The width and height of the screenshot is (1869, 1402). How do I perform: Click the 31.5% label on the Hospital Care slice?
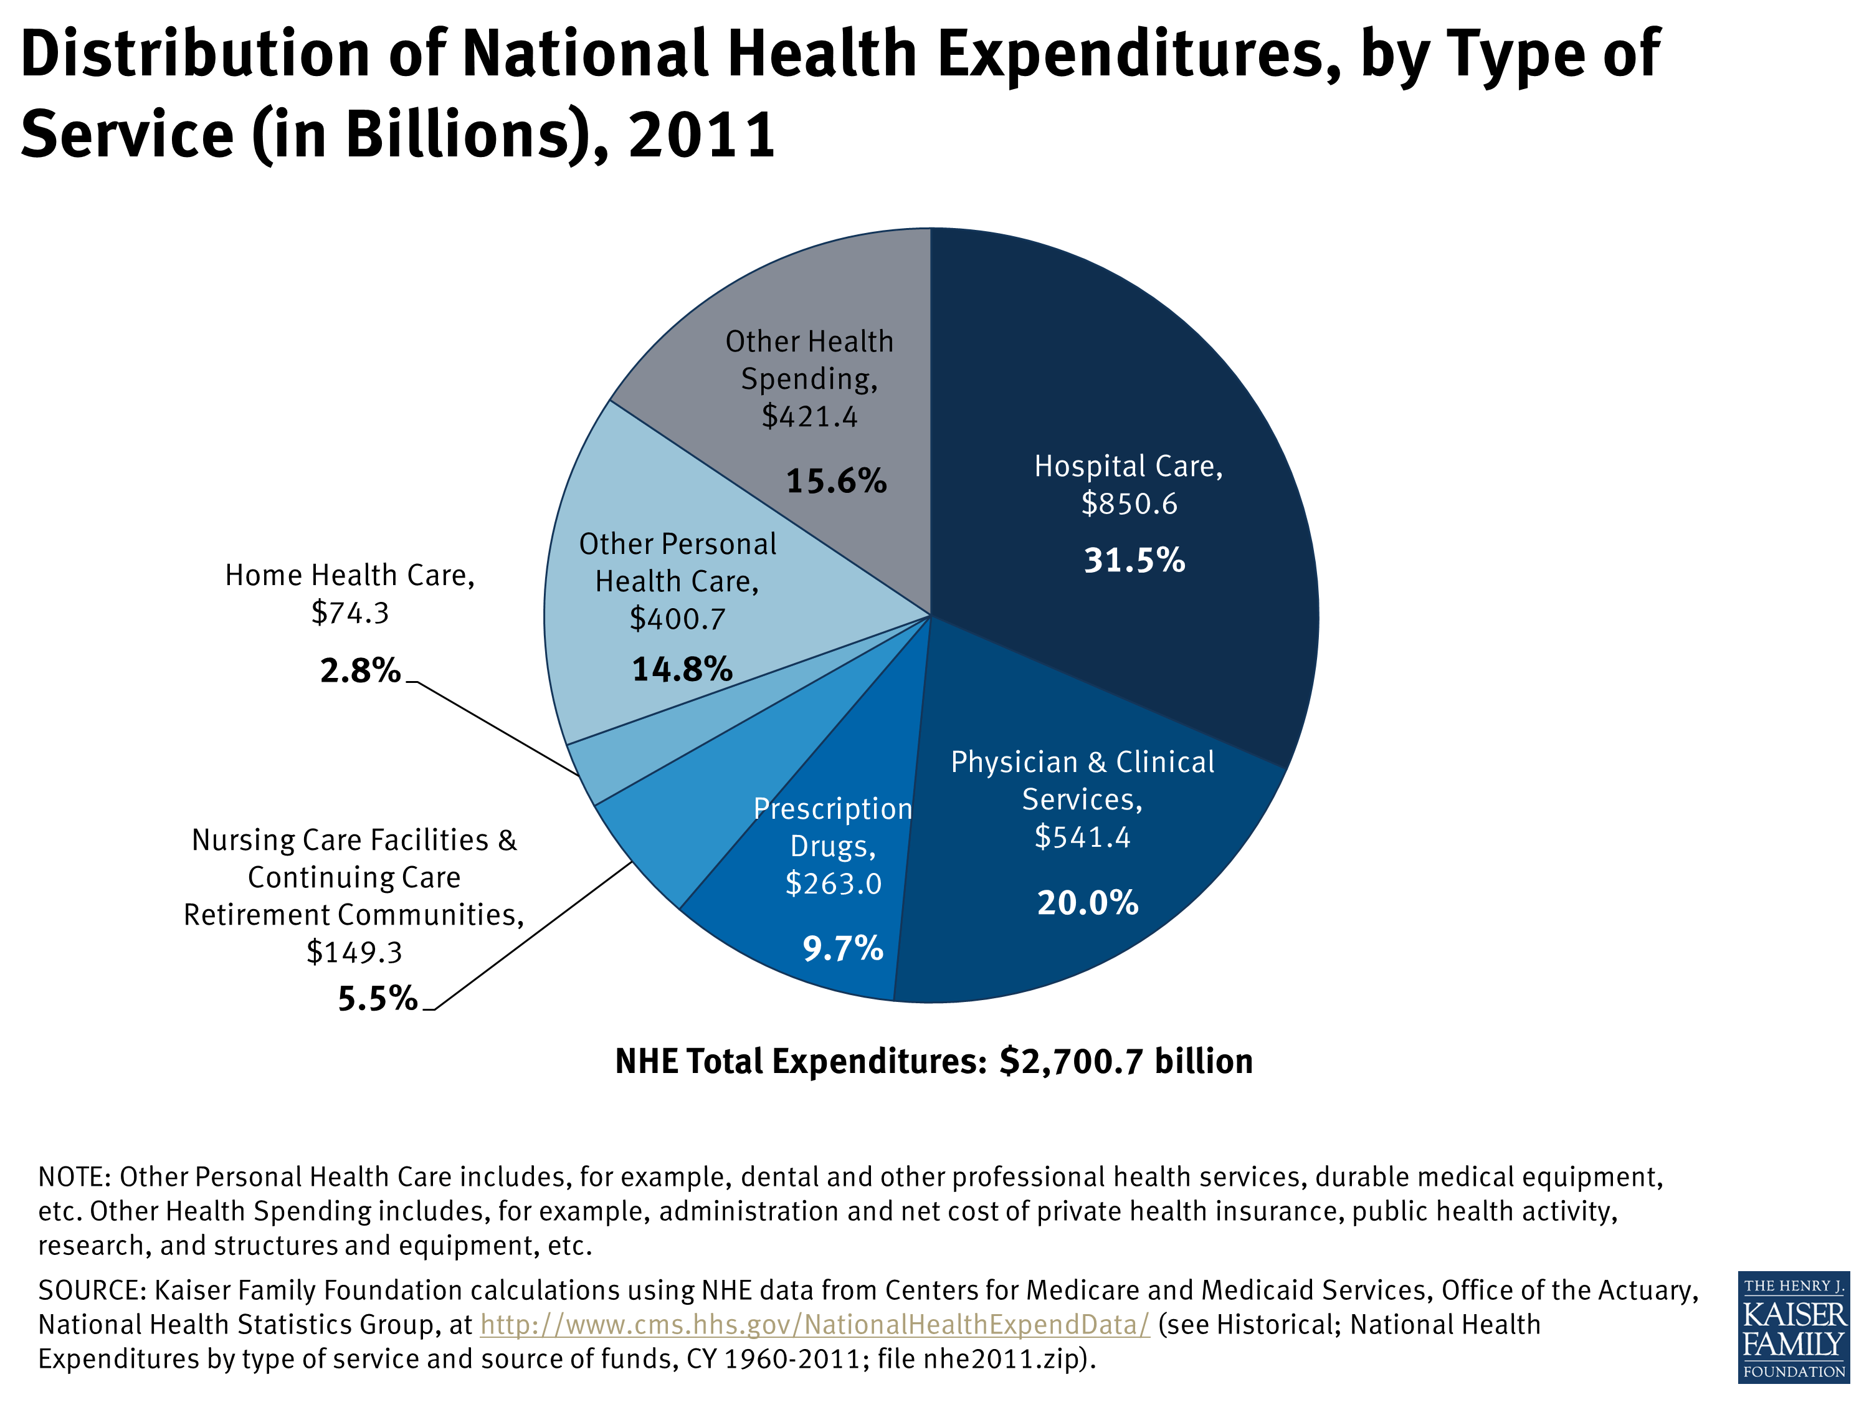point(1134,560)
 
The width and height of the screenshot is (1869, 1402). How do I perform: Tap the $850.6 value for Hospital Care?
point(1129,503)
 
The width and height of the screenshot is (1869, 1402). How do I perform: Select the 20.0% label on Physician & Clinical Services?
point(1087,902)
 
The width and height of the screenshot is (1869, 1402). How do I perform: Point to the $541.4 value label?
point(1082,837)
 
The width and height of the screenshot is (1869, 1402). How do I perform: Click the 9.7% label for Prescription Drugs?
point(842,948)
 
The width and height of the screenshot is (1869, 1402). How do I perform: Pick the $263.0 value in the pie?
point(833,883)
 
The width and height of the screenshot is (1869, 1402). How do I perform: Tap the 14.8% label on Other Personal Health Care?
point(682,669)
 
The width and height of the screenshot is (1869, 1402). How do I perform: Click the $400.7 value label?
point(677,619)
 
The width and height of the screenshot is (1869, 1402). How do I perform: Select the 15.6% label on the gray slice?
point(835,481)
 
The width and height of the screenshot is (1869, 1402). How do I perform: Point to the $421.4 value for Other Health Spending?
point(809,416)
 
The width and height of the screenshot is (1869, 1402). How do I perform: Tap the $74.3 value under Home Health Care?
point(350,613)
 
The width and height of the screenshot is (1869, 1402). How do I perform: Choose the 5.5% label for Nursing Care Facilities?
point(378,999)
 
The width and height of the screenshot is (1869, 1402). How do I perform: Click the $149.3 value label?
point(354,952)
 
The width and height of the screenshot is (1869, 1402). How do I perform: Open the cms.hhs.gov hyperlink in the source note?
point(814,1324)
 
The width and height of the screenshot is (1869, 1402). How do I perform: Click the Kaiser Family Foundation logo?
point(1793,1327)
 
